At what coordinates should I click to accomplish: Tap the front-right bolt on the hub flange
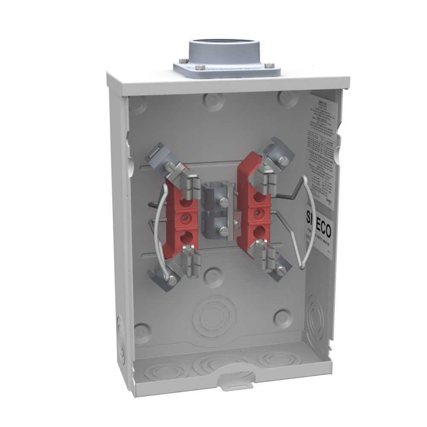[269, 66]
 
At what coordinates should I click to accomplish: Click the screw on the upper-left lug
[170, 167]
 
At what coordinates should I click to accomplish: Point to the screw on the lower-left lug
[171, 281]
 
